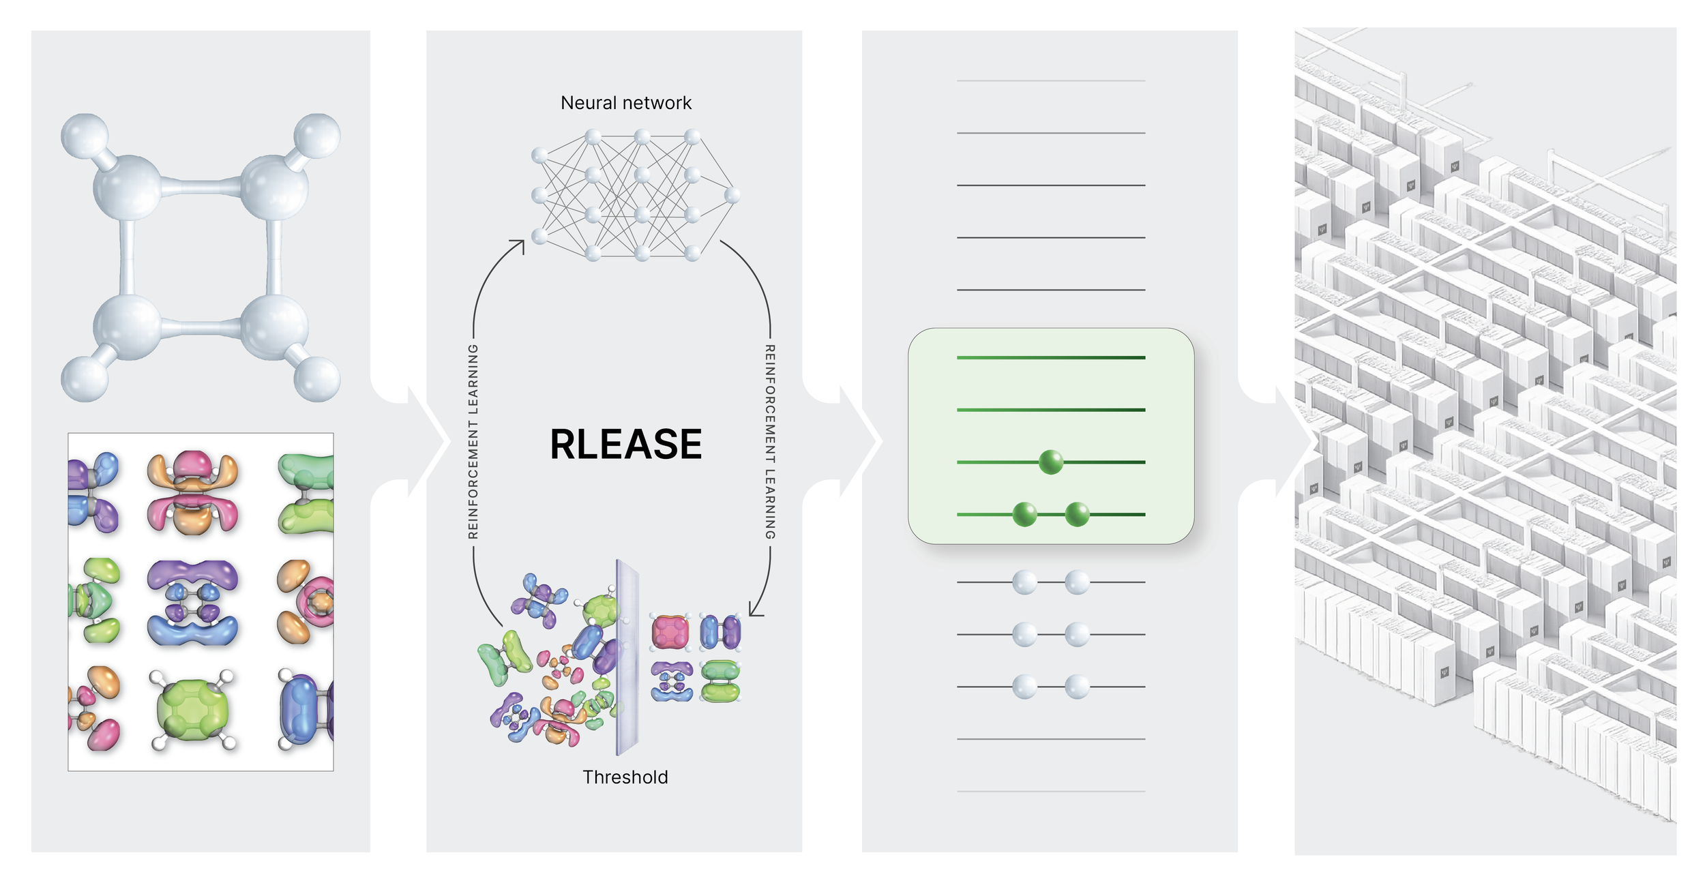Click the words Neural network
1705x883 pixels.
click(x=625, y=103)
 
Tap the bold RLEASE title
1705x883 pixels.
click(x=625, y=444)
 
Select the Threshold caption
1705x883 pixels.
click(x=625, y=777)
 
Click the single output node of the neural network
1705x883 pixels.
click(x=732, y=196)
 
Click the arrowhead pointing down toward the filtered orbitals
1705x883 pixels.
click(x=756, y=609)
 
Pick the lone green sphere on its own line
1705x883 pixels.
click(x=1050, y=462)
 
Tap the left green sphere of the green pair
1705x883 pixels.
click(x=1024, y=514)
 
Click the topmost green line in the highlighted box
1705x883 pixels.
click(x=1050, y=357)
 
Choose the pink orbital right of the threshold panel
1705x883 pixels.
click(x=670, y=632)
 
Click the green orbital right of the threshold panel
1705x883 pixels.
click(x=720, y=681)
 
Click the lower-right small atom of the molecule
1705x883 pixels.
click(x=316, y=379)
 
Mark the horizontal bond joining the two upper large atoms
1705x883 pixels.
click(x=201, y=186)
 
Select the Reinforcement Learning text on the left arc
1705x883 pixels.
click(x=473, y=442)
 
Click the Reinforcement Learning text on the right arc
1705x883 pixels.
click(x=770, y=442)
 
